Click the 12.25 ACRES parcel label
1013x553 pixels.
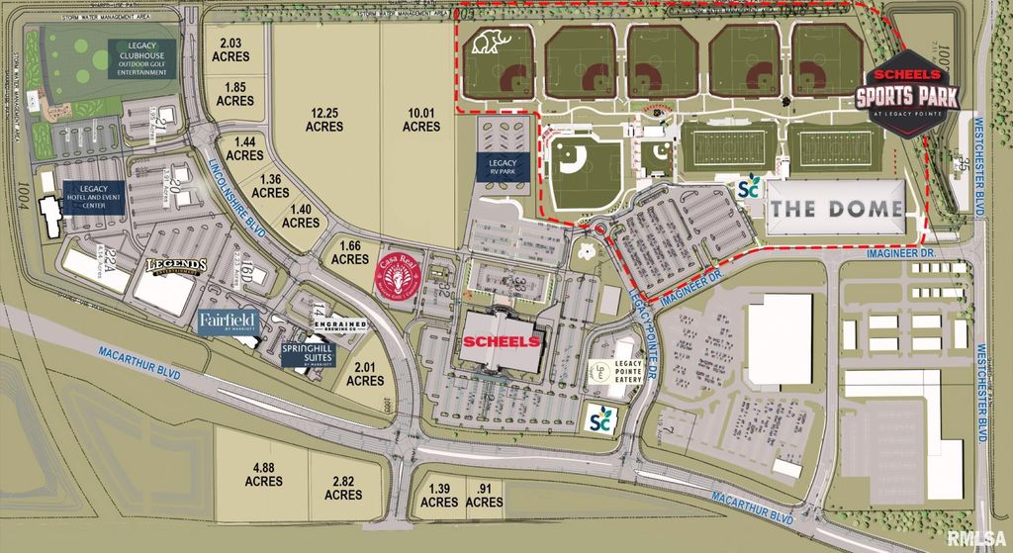pos(323,120)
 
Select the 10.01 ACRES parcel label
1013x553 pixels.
pos(421,120)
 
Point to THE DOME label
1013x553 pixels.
pos(837,209)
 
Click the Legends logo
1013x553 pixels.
pos(176,266)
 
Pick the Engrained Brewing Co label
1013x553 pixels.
pos(340,326)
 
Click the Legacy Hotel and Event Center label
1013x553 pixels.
pos(93,195)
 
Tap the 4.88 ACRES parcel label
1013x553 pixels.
pos(267,474)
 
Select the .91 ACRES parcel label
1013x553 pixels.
pos(484,496)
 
